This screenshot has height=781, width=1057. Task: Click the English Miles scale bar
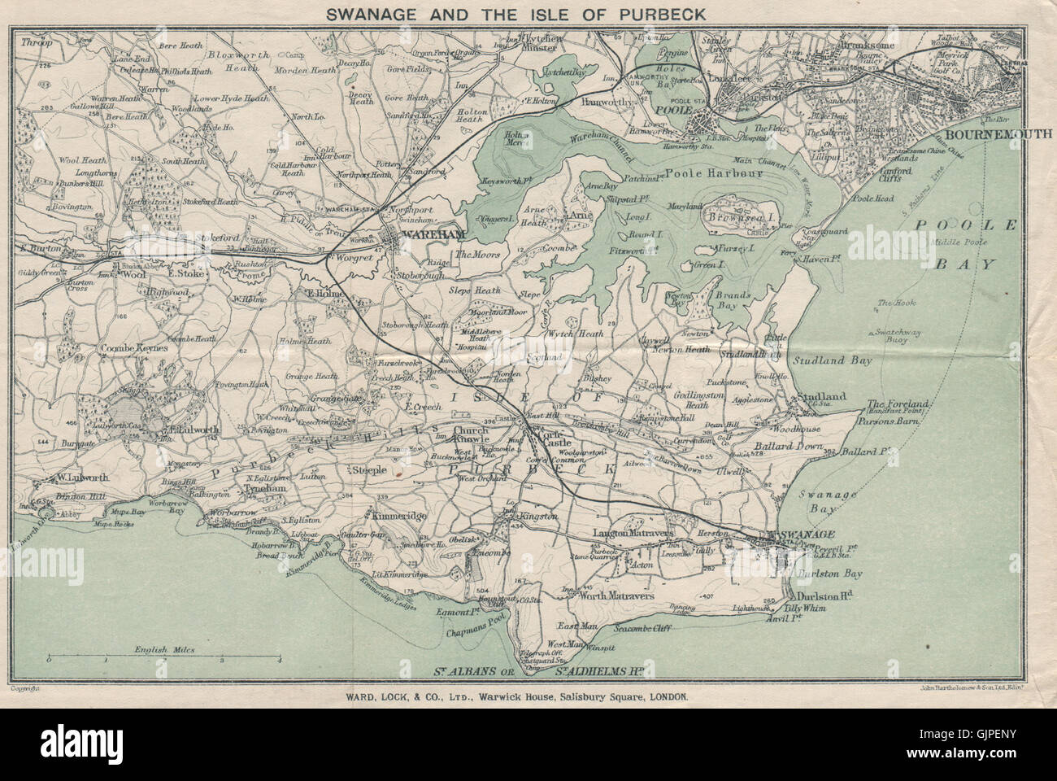tap(163, 655)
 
